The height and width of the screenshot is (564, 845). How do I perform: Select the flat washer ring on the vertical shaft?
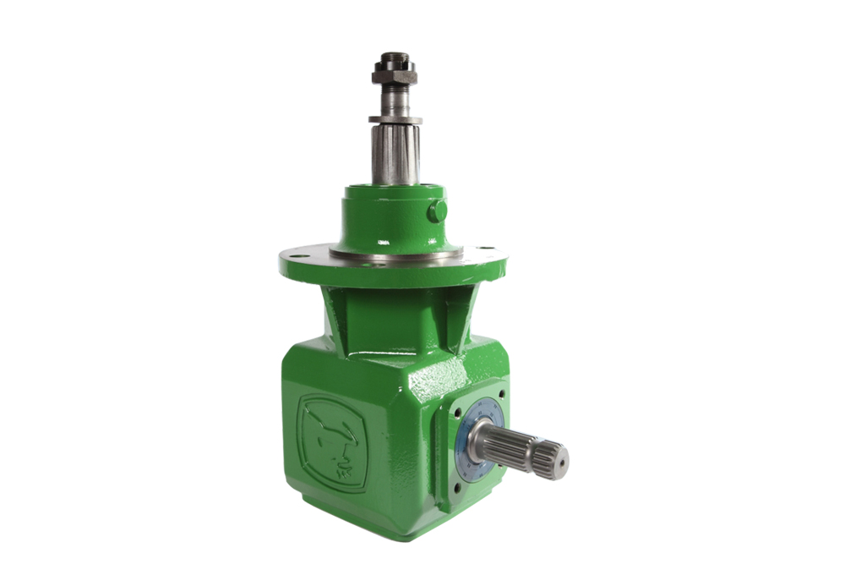[x=394, y=120]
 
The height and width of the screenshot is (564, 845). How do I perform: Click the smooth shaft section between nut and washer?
[x=394, y=101]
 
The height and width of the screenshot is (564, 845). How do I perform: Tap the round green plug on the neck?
[x=436, y=211]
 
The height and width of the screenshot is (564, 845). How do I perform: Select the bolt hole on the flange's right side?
[x=491, y=249]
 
